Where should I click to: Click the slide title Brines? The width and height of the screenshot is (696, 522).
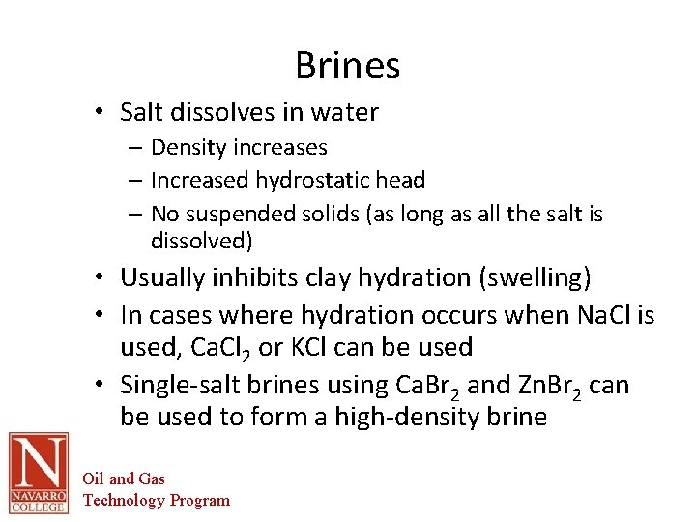347,66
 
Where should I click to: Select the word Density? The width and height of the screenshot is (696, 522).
191,148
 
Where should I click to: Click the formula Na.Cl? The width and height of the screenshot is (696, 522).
599,315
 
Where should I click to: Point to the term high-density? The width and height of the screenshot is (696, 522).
411,418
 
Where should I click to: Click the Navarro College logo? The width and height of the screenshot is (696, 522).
38,473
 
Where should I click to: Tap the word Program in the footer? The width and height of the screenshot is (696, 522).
200,500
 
